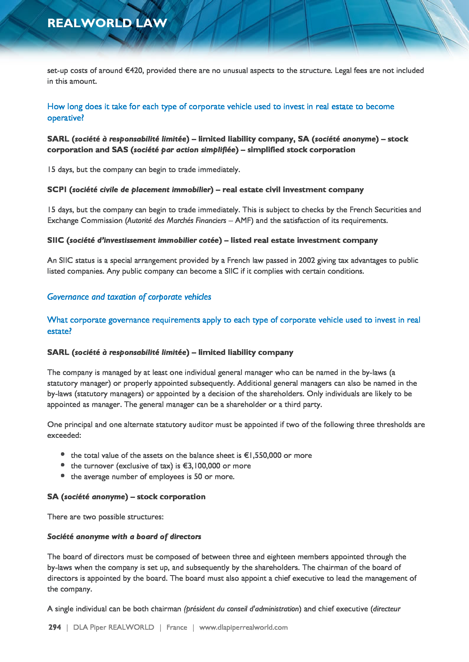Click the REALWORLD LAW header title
[107, 23]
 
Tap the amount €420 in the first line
[134, 71]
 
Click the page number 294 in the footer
[54, 627]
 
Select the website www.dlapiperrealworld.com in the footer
[243, 627]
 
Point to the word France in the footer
[176, 627]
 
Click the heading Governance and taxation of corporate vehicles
[129, 297]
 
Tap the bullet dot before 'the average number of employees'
[63, 476]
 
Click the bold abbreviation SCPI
[57, 190]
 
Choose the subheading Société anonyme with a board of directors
[124, 537]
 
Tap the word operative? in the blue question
[66, 118]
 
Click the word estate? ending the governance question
[59, 331]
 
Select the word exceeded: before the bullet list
[64, 435]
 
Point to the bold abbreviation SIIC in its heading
[56, 241]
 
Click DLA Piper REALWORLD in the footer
[113, 627]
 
